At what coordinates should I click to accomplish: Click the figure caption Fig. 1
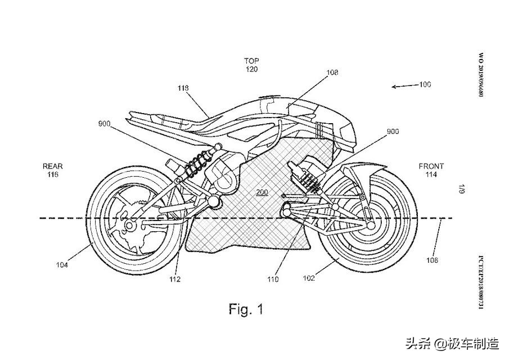pos(246,308)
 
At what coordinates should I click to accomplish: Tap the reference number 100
pos(424,85)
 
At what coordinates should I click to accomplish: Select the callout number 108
pos(332,73)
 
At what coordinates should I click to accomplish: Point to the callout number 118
pos(183,88)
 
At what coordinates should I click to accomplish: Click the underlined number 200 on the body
pos(262,192)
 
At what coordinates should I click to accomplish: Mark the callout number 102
pos(309,277)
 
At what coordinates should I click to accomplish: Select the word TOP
pos(251,61)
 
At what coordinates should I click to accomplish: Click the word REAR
pos(53,166)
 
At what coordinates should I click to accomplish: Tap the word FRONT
pos(431,166)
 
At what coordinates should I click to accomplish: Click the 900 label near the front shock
pos(393,131)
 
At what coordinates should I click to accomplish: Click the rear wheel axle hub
pos(129,226)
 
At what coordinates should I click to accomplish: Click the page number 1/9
pos(461,188)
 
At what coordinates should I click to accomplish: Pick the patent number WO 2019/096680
pos(480,75)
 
